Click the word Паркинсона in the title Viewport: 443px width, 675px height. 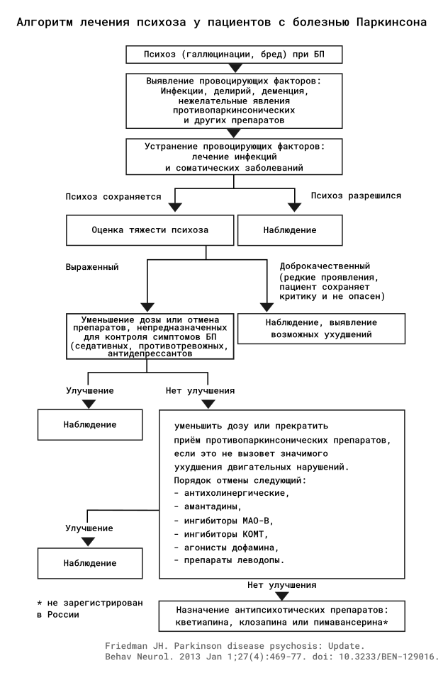pos(391,23)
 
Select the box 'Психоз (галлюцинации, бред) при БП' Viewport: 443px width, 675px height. pos(234,55)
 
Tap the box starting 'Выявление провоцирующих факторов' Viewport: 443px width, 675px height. pos(234,101)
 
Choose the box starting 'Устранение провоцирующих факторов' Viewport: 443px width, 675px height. pos(234,157)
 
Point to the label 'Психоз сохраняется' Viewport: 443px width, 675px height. pos(113,197)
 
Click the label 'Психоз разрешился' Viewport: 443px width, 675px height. pos(356,196)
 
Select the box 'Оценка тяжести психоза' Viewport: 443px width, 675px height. pos(150,230)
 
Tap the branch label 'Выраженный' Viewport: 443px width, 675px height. pos(92,267)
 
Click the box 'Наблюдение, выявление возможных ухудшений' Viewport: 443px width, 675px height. pos(322,329)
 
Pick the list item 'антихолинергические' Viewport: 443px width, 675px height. pos(232,494)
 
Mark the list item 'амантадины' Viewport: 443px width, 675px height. pos(208,506)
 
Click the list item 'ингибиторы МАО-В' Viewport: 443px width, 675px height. pos(224,521)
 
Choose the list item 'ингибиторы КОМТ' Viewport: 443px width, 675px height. pos(221,534)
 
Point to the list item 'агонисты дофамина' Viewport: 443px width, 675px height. pos(226,548)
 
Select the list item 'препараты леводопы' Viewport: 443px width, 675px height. pos(229,560)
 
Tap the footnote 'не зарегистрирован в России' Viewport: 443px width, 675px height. pos(89,608)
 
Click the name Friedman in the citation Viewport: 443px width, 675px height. pos(127,646)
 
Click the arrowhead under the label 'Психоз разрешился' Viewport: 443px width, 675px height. pos(294,207)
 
